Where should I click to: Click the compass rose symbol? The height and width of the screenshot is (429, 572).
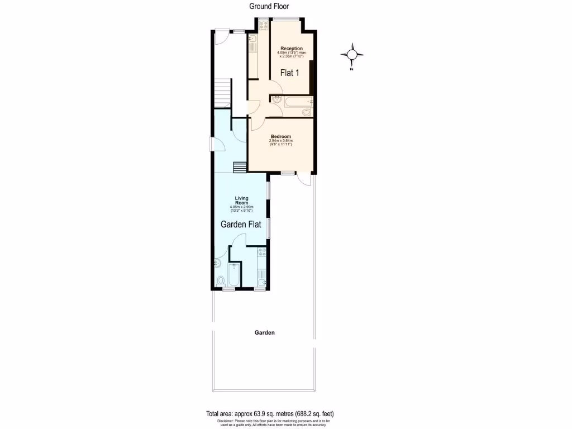tap(352, 54)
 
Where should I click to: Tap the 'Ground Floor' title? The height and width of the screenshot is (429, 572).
tap(269, 7)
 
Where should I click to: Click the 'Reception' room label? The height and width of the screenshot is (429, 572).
tap(292, 49)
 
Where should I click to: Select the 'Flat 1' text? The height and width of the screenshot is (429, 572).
tap(290, 73)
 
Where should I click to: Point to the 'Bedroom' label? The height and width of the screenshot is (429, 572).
tap(281, 136)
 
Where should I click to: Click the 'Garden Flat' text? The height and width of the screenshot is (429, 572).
tap(241, 225)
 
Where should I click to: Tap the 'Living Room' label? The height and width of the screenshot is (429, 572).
tap(241, 201)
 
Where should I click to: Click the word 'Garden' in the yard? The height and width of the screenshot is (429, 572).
tap(265, 332)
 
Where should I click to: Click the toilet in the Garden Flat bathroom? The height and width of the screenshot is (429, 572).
tap(221, 280)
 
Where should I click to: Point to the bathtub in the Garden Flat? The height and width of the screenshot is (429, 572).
tap(235, 275)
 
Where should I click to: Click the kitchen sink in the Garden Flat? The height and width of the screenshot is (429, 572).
tap(260, 282)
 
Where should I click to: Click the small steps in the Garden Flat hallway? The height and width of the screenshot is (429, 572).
tap(240, 168)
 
